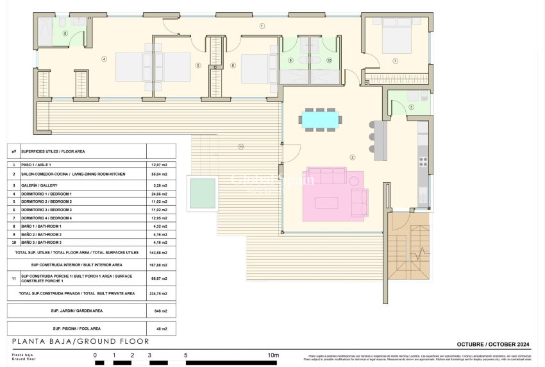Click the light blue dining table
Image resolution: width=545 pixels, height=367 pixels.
click(320, 119)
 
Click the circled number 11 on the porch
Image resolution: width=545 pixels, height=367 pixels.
click(241, 147)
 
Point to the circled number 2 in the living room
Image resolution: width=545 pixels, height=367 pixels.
click(352, 157)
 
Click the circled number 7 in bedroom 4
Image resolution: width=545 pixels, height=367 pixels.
click(396, 61)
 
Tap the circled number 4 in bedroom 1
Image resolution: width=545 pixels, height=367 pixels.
click(103, 59)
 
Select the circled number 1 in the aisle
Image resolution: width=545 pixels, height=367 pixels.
click(262, 26)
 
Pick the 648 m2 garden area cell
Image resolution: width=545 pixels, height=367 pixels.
click(160, 311)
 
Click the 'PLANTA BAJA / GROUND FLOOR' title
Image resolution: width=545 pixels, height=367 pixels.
click(81, 341)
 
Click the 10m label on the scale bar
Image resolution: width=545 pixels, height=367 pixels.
click(274, 355)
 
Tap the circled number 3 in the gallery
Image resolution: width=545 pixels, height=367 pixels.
click(411, 107)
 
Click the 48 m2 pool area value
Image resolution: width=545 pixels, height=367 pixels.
click(160, 329)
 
